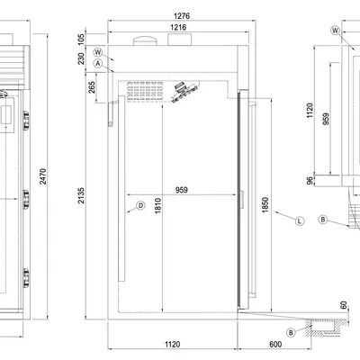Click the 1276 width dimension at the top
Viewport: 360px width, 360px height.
coord(182,15)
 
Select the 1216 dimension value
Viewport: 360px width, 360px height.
coord(178,27)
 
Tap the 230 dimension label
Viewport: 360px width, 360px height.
coord(81,58)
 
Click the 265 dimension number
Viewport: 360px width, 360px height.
coord(92,87)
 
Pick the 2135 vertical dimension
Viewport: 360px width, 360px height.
coord(81,195)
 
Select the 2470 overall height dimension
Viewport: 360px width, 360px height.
coord(43,176)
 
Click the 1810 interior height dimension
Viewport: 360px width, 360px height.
coord(158,206)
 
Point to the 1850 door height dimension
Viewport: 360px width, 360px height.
coord(265,205)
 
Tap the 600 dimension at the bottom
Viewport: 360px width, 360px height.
coord(275,344)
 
